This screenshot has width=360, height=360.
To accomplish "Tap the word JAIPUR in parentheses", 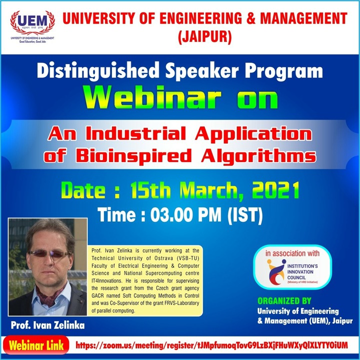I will click(x=204, y=36).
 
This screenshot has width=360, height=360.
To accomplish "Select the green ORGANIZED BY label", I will click(x=283, y=301).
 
